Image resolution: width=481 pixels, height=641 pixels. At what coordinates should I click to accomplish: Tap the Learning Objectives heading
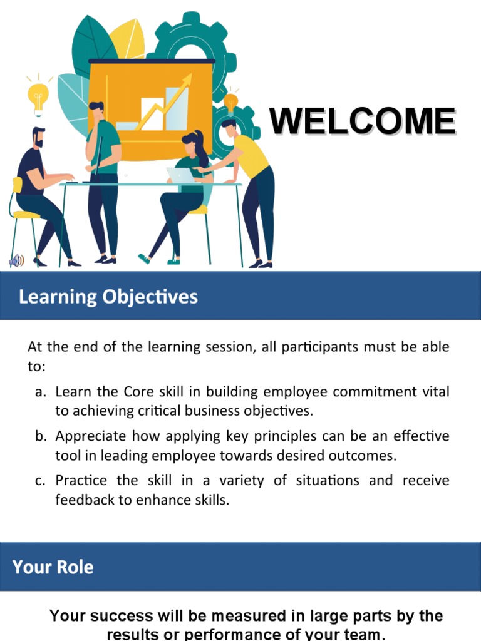pos(108,296)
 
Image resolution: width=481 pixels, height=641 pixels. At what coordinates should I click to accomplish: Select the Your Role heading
pos(53,567)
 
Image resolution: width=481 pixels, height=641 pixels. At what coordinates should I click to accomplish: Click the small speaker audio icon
pos(16,261)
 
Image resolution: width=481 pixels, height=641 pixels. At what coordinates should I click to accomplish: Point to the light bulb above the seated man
pos(38,96)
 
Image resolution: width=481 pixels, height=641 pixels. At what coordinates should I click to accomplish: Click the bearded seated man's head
pos(38,137)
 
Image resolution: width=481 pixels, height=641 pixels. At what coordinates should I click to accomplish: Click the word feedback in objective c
pos(81,500)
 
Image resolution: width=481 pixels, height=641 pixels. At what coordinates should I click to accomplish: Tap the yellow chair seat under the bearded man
pos(26,215)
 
